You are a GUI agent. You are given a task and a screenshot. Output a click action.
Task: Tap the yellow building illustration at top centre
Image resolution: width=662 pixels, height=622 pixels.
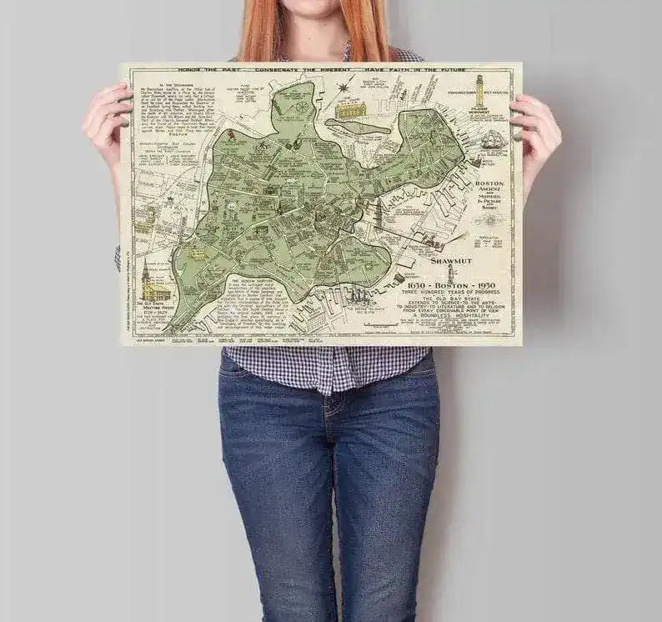(351, 108)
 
